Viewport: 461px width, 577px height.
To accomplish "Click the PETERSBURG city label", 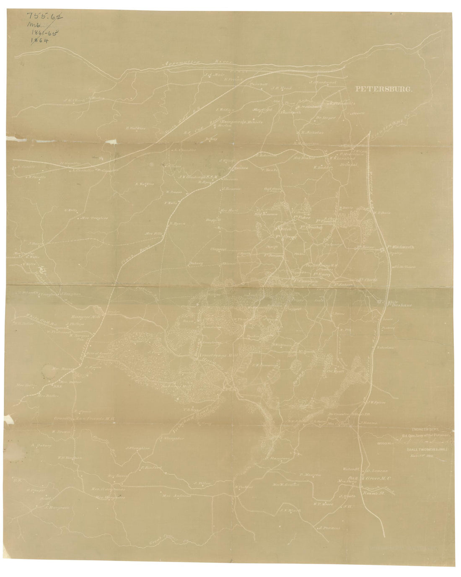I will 384,89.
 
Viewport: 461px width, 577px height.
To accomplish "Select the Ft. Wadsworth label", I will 399,247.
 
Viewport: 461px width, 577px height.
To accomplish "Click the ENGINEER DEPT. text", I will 424,430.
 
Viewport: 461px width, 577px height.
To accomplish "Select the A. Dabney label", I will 40,445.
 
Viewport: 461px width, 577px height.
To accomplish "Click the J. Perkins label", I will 330,528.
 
